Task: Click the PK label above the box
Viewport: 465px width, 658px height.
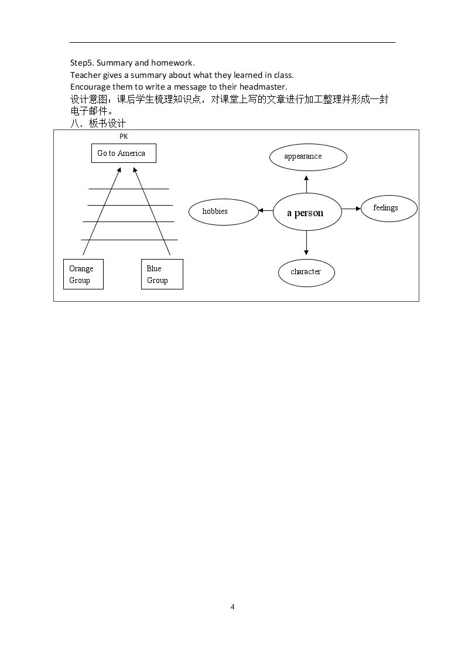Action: [124, 137]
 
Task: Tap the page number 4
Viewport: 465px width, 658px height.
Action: [232, 607]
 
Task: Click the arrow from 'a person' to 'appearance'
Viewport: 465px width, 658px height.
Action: [306, 184]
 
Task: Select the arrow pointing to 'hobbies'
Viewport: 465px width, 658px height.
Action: [266, 210]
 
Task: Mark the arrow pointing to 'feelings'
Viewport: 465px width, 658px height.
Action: [351, 209]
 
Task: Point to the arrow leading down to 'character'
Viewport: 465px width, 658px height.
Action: [306, 243]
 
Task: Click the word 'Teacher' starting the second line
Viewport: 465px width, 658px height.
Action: [85, 75]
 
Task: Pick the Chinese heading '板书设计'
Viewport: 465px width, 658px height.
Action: [107, 124]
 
